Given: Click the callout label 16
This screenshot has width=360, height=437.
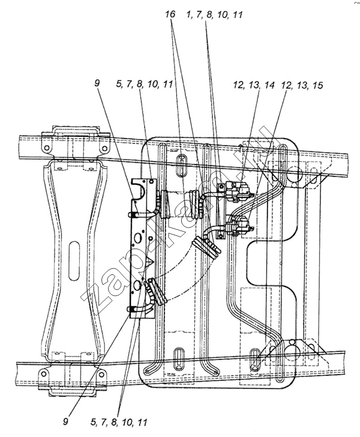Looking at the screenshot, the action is click(170, 14).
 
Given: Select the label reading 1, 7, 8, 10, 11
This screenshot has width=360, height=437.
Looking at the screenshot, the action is click(214, 15).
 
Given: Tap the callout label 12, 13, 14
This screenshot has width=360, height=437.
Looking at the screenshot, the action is click(254, 85).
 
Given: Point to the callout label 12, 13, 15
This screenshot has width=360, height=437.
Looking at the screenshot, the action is click(302, 85).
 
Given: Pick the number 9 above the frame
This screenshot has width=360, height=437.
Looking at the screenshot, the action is click(97, 83).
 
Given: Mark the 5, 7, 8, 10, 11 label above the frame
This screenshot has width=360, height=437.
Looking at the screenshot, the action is click(145, 84).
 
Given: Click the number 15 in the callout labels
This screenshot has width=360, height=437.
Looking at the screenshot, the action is click(317, 85).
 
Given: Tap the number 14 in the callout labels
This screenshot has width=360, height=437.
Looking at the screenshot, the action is click(269, 85).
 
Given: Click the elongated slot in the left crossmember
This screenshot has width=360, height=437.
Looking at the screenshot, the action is click(74, 261).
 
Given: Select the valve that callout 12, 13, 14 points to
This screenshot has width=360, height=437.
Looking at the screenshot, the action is click(239, 191).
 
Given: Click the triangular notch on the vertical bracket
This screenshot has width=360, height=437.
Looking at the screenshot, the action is click(151, 262).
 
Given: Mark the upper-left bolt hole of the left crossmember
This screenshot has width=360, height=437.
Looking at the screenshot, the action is click(47, 148).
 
